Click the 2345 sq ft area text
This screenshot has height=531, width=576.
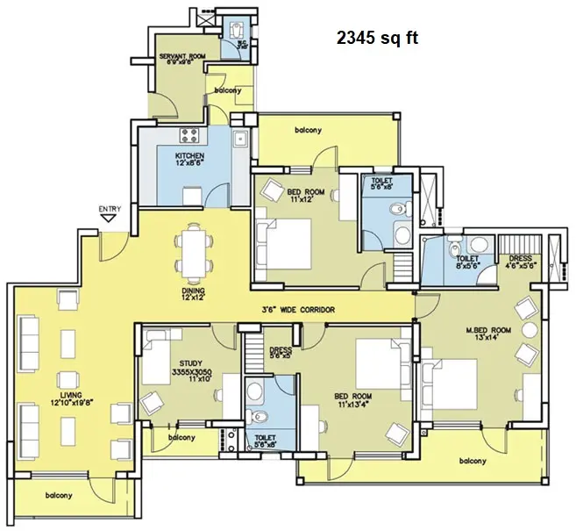(x=378, y=39)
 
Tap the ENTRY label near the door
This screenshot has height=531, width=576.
(x=110, y=209)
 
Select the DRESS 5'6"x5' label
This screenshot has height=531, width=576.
(x=281, y=353)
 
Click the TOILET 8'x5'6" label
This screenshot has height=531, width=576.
(x=466, y=262)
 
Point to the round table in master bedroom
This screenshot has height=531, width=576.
(x=529, y=330)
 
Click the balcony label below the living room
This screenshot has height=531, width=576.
(x=54, y=496)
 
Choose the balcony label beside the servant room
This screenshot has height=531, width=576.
(x=228, y=91)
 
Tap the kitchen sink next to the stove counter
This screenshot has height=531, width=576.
(x=238, y=139)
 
